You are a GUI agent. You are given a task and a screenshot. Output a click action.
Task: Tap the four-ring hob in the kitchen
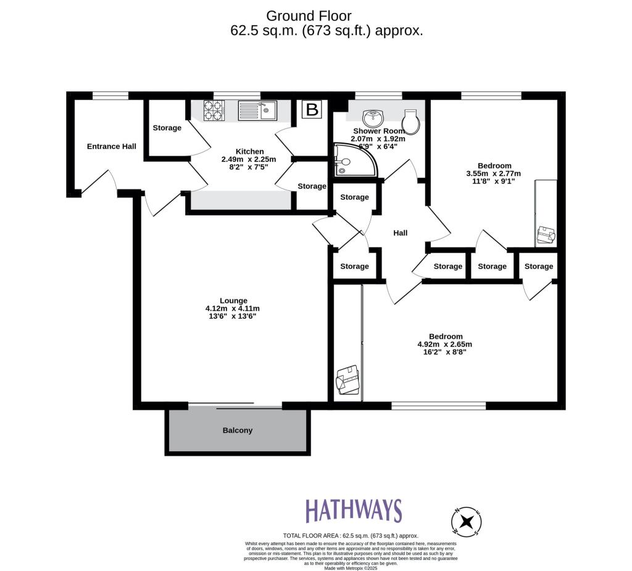[x=214, y=110]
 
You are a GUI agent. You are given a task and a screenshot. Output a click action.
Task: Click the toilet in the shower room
[x=411, y=121]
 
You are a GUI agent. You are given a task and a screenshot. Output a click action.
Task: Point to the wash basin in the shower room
[x=373, y=117]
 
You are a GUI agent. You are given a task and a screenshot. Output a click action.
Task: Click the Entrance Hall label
[x=111, y=146]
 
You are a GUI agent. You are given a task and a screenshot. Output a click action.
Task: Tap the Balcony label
[x=238, y=430]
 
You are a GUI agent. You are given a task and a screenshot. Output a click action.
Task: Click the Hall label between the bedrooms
[x=401, y=233]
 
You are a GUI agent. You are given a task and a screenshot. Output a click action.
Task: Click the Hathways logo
[x=354, y=511]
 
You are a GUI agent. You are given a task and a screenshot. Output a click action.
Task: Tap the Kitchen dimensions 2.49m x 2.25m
[x=249, y=159]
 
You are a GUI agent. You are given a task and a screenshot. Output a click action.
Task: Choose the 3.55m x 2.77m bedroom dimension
[x=493, y=173]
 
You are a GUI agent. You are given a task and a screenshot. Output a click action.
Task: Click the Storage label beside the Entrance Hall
[x=167, y=128]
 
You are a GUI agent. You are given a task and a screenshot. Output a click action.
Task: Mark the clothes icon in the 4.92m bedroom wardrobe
[x=347, y=380]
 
